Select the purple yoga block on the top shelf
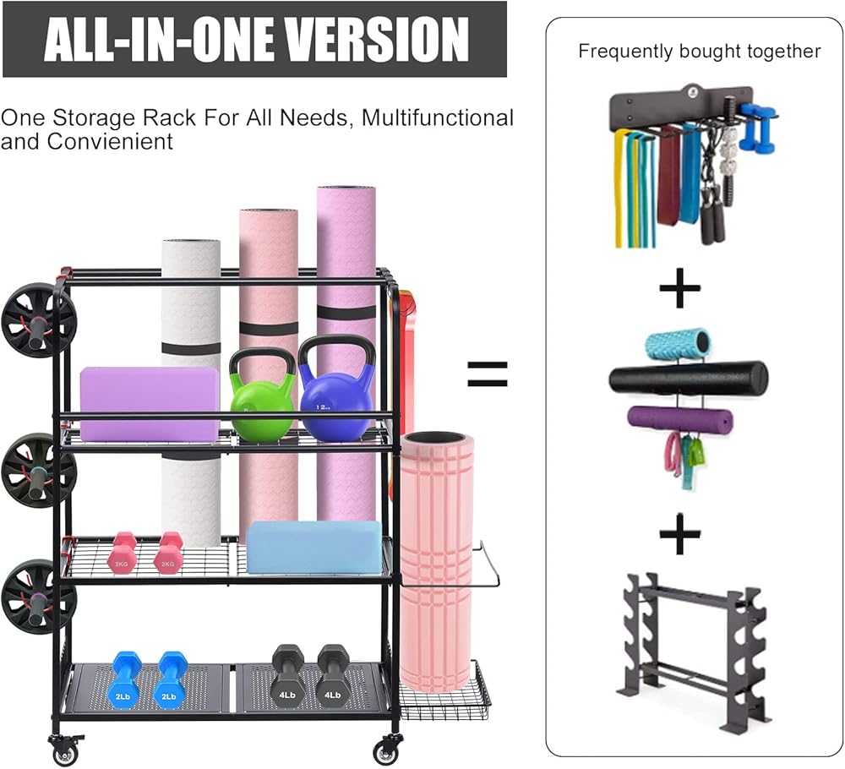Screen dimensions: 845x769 [x=150, y=403]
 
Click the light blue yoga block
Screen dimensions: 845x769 [x=314, y=547]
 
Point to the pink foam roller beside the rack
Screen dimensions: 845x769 [x=437, y=558]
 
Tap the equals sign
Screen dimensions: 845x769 [x=488, y=373]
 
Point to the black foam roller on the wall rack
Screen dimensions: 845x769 [x=689, y=378]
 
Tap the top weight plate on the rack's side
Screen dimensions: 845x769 [x=38, y=320]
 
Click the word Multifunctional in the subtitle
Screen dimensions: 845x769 [x=436, y=117]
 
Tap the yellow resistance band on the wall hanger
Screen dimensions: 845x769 [x=620, y=186]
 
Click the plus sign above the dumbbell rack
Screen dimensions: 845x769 [x=680, y=535]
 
